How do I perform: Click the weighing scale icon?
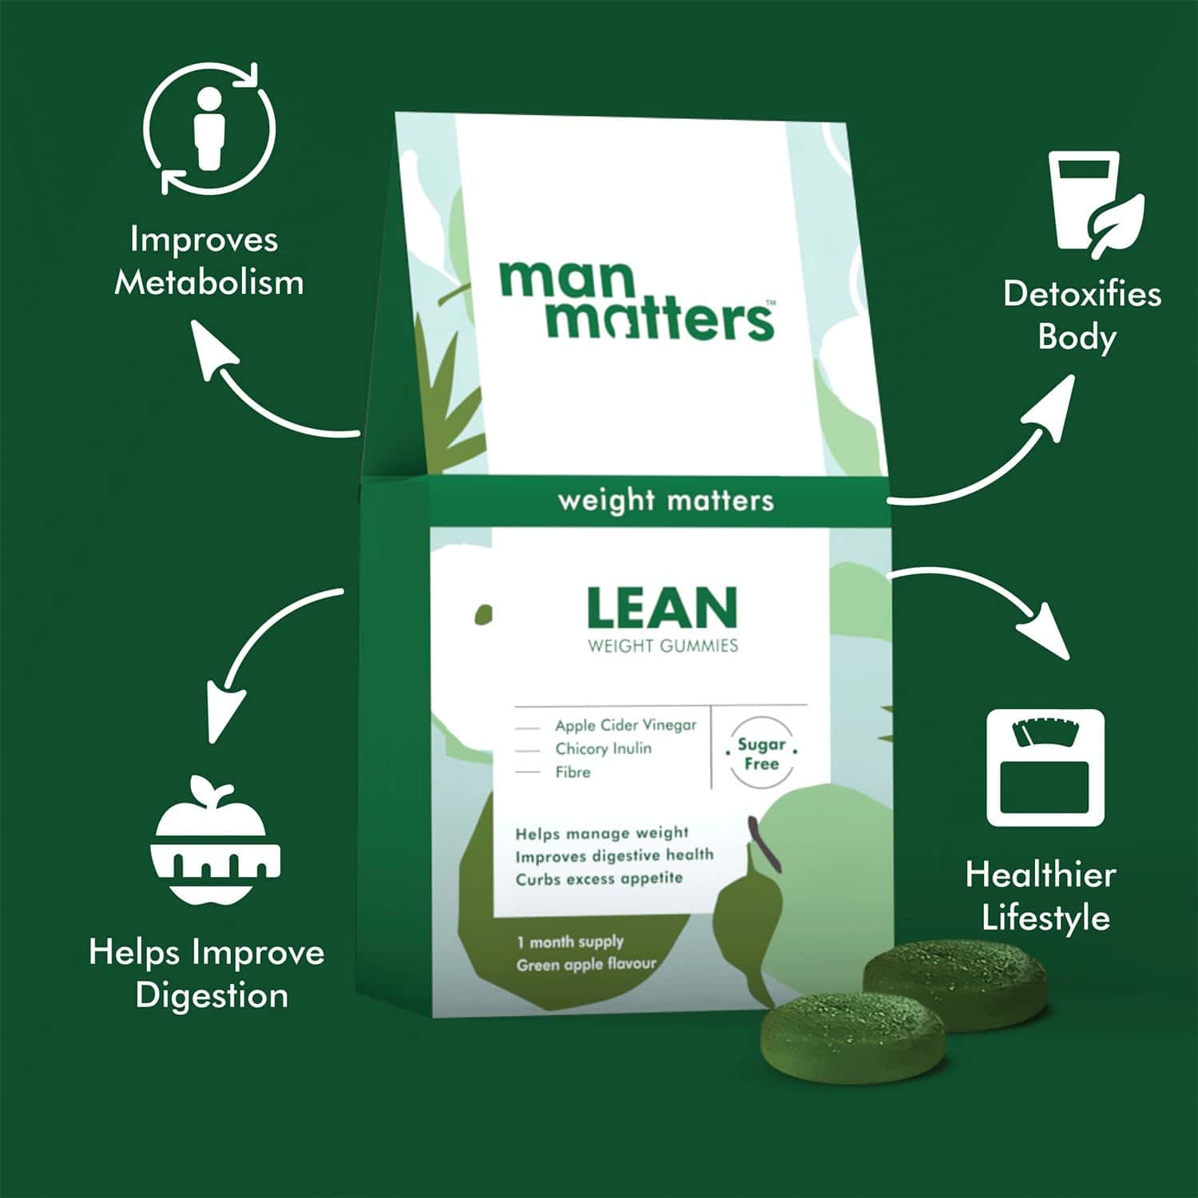(x=1045, y=768)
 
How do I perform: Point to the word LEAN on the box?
(x=662, y=609)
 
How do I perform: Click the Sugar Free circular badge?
(x=761, y=754)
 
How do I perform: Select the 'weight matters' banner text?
(x=665, y=501)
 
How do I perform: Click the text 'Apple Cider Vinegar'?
(x=625, y=725)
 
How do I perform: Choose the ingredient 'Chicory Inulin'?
(x=603, y=749)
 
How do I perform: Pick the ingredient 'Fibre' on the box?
(x=573, y=772)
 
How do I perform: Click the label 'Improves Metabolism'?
(x=208, y=261)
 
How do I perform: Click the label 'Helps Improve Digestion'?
(x=208, y=974)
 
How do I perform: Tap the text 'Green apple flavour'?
(x=586, y=965)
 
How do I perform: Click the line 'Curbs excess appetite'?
(x=599, y=879)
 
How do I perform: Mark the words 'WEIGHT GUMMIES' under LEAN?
(x=663, y=646)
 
